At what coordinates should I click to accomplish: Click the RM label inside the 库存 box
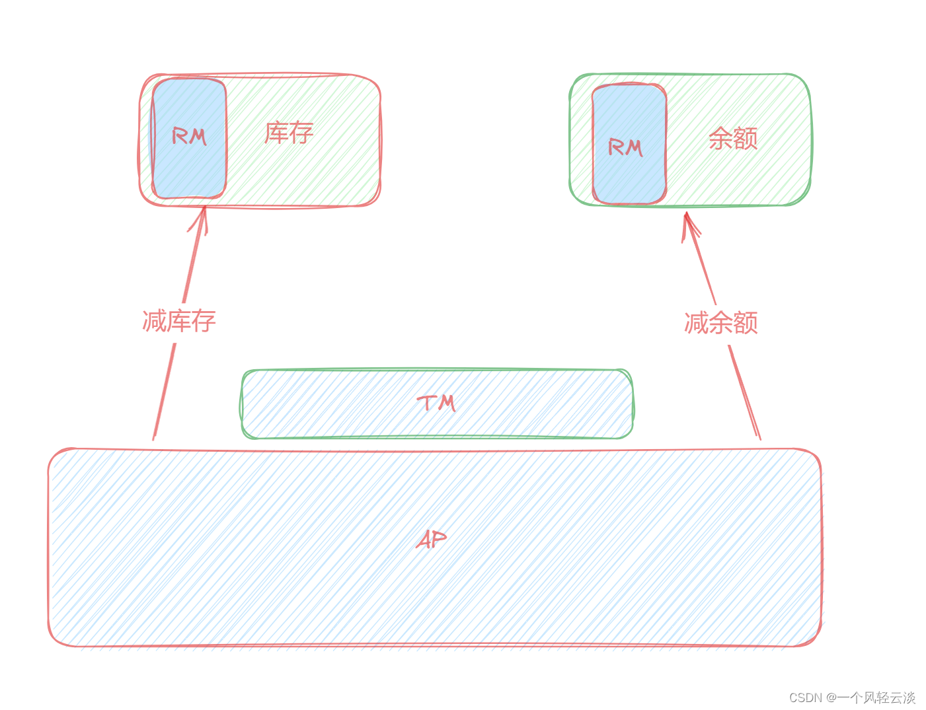coord(189,136)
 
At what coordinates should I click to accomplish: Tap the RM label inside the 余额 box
coord(625,147)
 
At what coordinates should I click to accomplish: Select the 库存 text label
coord(289,133)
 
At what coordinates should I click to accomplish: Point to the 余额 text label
coord(732,139)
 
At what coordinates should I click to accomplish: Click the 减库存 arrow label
coord(179,321)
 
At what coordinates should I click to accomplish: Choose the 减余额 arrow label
coord(720,323)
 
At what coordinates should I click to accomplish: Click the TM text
coord(436,402)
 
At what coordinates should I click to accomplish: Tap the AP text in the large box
coord(432,540)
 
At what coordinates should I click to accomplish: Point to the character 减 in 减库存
coord(155,321)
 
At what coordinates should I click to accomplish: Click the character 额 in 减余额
coord(746,323)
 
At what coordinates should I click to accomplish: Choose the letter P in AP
coord(439,539)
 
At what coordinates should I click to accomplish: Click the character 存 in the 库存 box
coord(301,133)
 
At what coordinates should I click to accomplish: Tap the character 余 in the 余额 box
coord(720,139)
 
